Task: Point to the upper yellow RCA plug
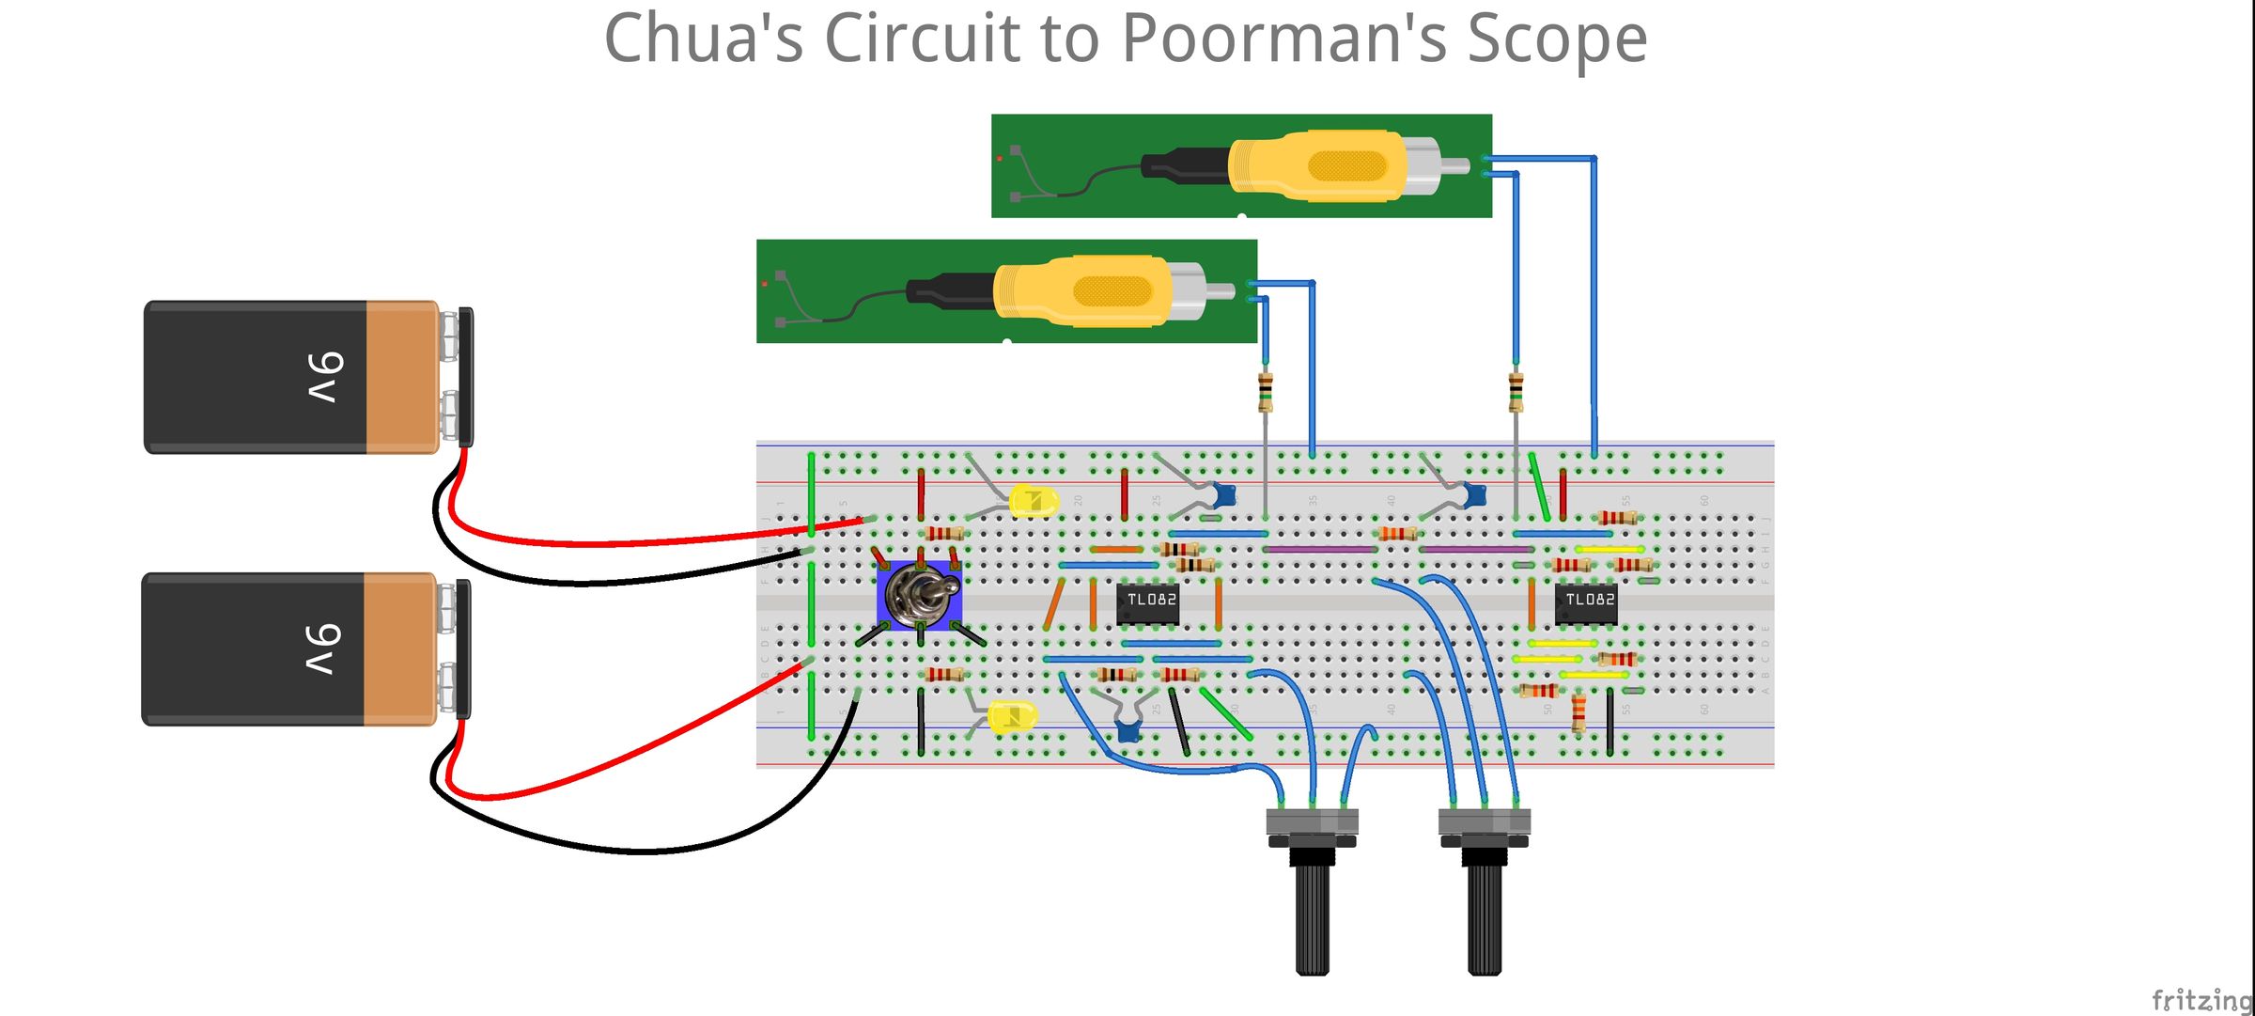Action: pyautogui.click(x=1320, y=166)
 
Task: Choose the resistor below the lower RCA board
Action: pyautogui.click(x=1266, y=391)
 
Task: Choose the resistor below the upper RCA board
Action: pyautogui.click(x=1516, y=391)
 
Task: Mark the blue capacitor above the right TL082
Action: pyautogui.click(x=1475, y=492)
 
